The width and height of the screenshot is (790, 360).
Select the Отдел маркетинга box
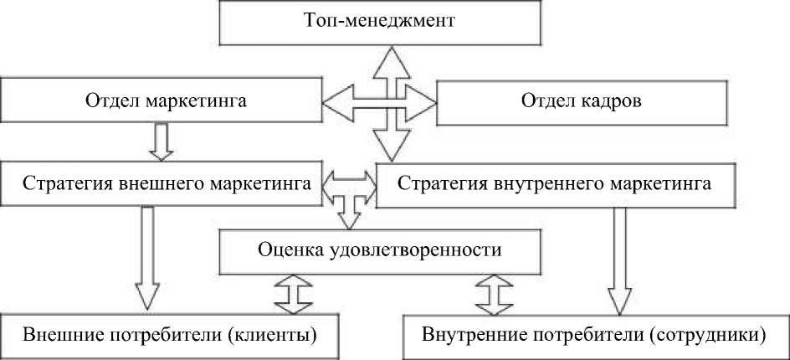(x=164, y=100)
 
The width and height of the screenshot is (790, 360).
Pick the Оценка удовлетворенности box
(x=379, y=249)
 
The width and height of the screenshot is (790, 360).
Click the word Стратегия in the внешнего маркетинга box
(x=66, y=183)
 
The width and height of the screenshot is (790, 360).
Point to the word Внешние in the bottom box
(x=54, y=336)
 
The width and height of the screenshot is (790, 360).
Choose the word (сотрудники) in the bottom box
(x=715, y=336)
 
